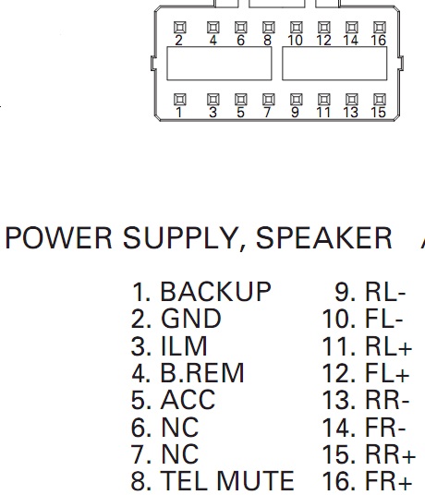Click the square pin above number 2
pyautogui.click(x=180, y=28)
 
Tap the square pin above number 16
pyautogui.click(x=380, y=28)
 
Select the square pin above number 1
pyautogui.click(x=180, y=100)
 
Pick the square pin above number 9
pyautogui.click(x=297, y=100)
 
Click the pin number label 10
pyautogui.click(x=296, y=41)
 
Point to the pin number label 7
pyautogui.click(x=267, y=113)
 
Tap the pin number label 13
pyautogui.click(x=351, y=113)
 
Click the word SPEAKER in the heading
pyautogui.click(x=323, y=238)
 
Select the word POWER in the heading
pyautogui.click(x=59, y=238)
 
